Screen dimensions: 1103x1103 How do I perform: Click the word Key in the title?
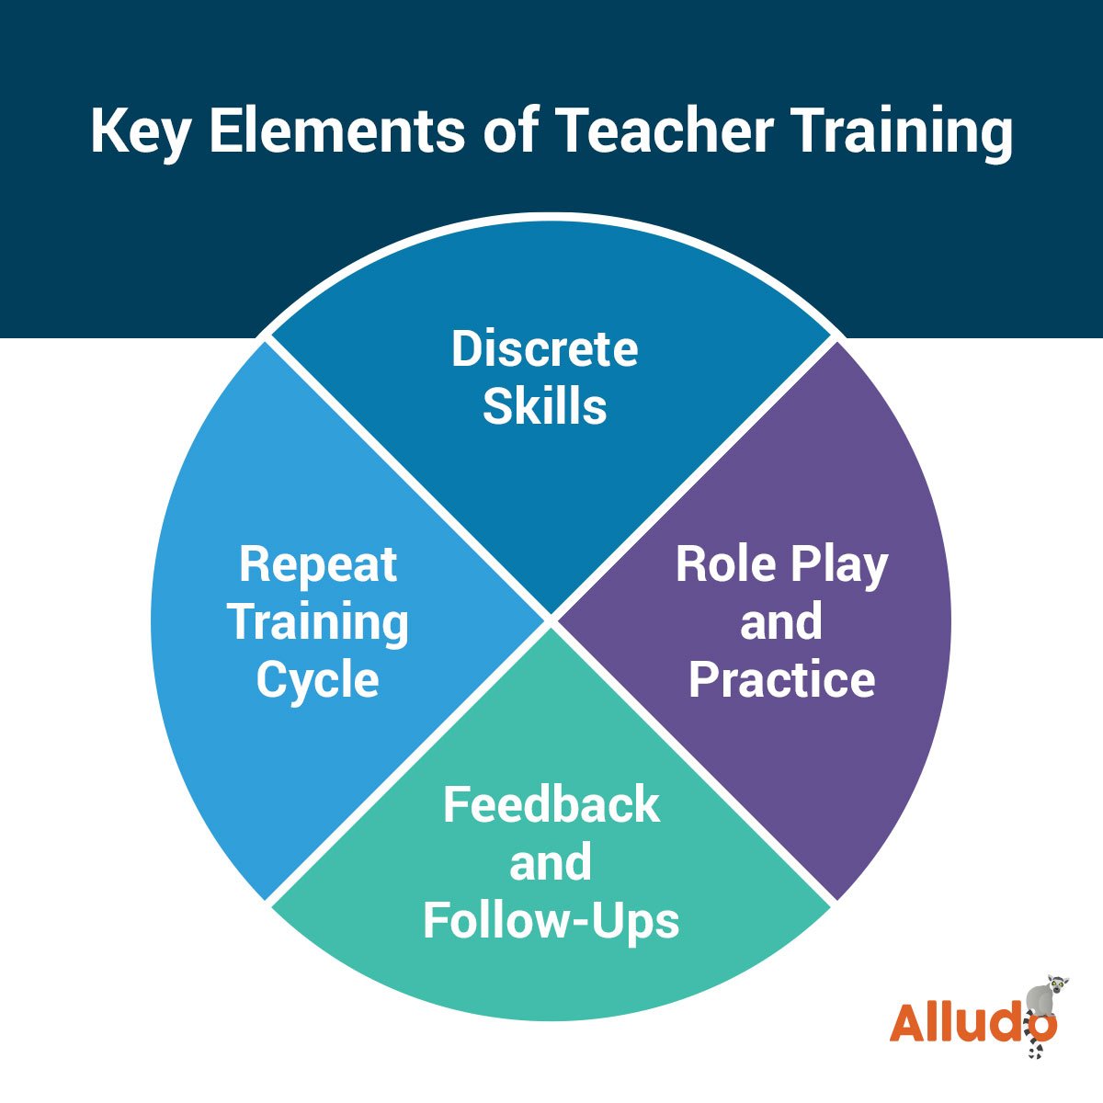tap(139, 131)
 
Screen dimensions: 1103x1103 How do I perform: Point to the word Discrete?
tap(544, 349)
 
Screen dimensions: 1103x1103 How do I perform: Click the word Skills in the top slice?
tap(544, 406)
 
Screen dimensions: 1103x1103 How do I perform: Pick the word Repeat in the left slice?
tap(317, 564)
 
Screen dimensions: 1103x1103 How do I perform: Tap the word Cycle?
tap(317, 680)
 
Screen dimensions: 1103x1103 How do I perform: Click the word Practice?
tap(781, 680)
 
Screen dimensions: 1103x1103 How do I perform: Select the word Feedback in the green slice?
tap(551, 805)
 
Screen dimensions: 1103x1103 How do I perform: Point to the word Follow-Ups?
tap(551, 920)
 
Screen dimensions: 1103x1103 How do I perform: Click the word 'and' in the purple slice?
tap(781, 622)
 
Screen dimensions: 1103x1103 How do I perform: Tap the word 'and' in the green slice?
tap(551, 863)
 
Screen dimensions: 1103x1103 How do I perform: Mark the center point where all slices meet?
tap(551, 618)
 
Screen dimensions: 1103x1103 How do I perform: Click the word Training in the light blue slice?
tap(317, 622)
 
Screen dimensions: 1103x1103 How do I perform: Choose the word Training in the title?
tap(901, 131)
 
